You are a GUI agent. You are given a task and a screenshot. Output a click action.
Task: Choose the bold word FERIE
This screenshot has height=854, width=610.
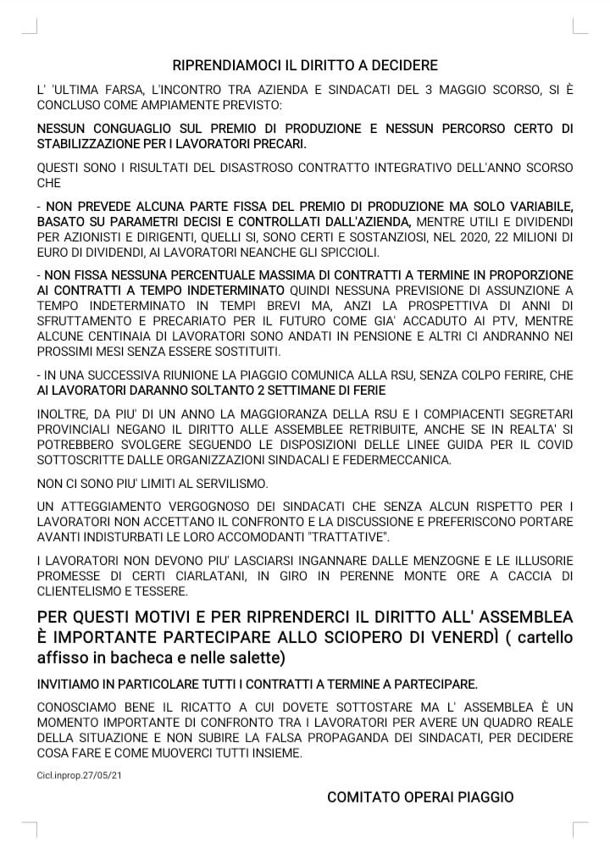[x=366, y=391]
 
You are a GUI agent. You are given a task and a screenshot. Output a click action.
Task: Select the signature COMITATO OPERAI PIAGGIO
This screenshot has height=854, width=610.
[x=420, y=797]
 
